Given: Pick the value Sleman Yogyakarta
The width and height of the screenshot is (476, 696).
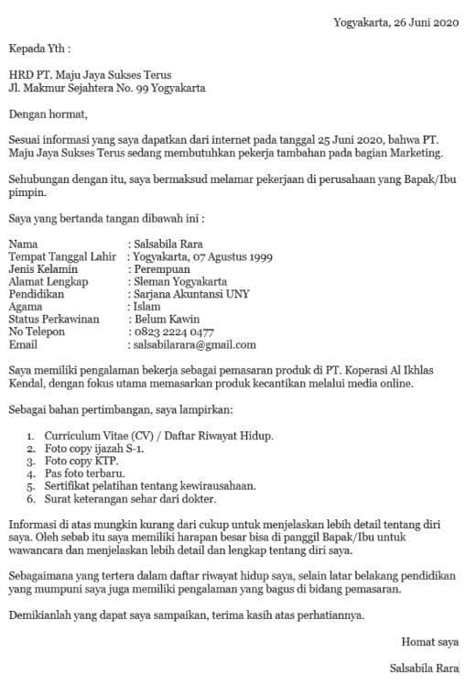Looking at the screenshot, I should coord(181,283).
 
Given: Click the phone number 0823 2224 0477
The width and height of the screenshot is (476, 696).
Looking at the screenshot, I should coord(174,333).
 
